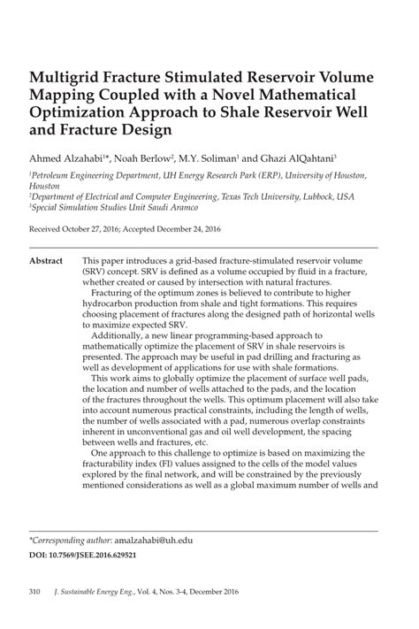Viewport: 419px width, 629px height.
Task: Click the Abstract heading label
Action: [45, 263]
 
